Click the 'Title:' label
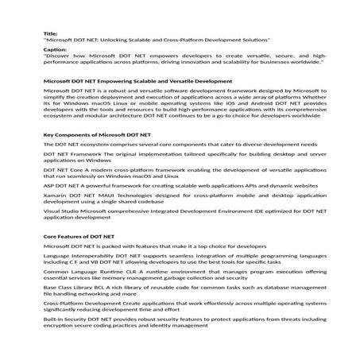click(51, 33)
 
